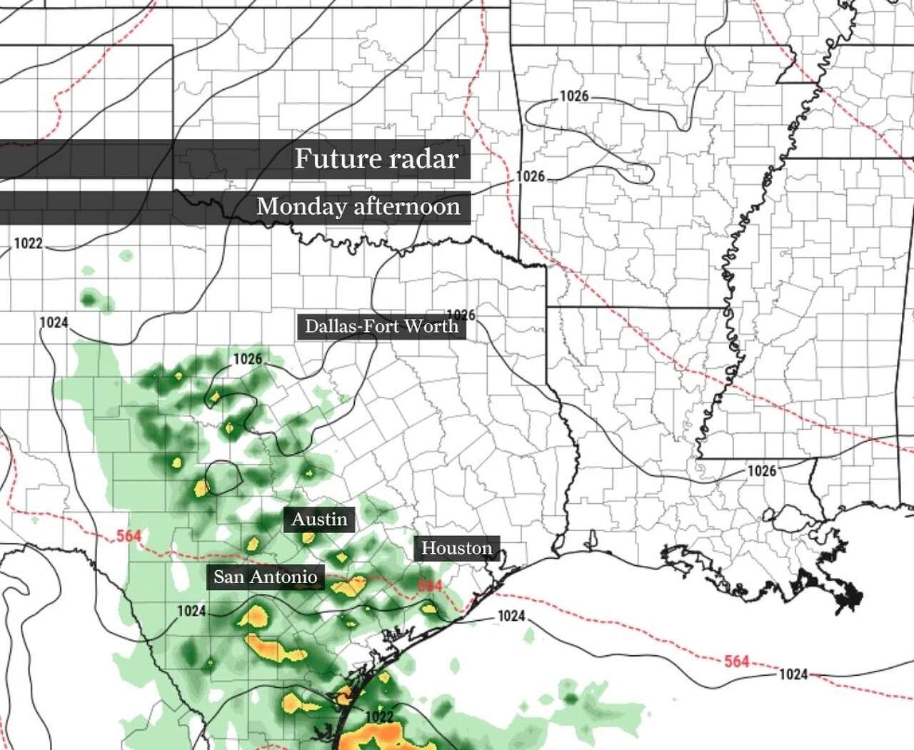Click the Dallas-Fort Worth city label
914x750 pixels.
[381, 327]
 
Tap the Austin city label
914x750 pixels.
[319, 519]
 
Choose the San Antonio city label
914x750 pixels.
[265, 577]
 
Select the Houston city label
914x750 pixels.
[456, 548]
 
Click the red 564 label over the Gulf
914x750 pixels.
[736, 661]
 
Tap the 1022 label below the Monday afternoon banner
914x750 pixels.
[29, 244]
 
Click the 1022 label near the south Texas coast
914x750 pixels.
[378, 716]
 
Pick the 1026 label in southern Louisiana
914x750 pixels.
[761, 471]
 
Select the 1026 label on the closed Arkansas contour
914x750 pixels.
[573, 96]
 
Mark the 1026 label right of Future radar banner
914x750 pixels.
[531, 176]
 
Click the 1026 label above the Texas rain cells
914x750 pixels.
[247, 359]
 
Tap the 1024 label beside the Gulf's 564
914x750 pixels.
[793, 674]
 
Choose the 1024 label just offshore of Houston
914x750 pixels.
[511, 617]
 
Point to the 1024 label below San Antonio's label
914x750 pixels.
[191, 611]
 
